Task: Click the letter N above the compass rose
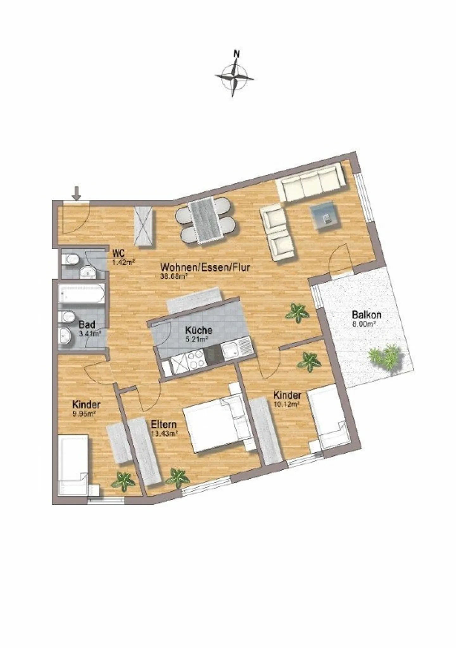tap(236, 54)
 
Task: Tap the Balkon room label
tap(366, 315)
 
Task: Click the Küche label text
tap(199, 330)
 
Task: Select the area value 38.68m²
tap(174, 276)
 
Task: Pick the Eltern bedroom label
tap(163, 424)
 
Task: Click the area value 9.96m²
tap(84, 413)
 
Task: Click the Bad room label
tap(87, 325)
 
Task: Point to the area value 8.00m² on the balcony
tap(364, 324)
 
